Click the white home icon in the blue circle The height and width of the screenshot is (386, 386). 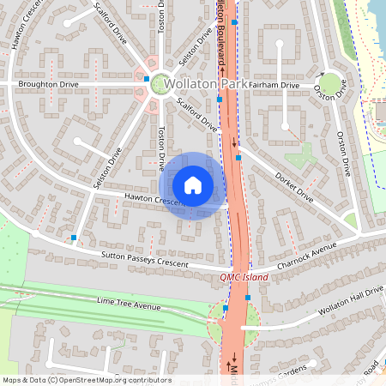193,185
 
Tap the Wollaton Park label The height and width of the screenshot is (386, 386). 206,84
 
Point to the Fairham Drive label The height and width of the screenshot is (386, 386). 276,86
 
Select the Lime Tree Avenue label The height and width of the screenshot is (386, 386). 129,305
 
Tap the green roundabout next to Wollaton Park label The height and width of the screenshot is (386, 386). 159,84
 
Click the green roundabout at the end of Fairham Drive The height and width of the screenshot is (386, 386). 329,84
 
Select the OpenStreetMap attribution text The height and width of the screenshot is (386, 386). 86,379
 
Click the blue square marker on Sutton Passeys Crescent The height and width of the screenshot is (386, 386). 75,237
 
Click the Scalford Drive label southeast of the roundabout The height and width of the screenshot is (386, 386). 196,112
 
